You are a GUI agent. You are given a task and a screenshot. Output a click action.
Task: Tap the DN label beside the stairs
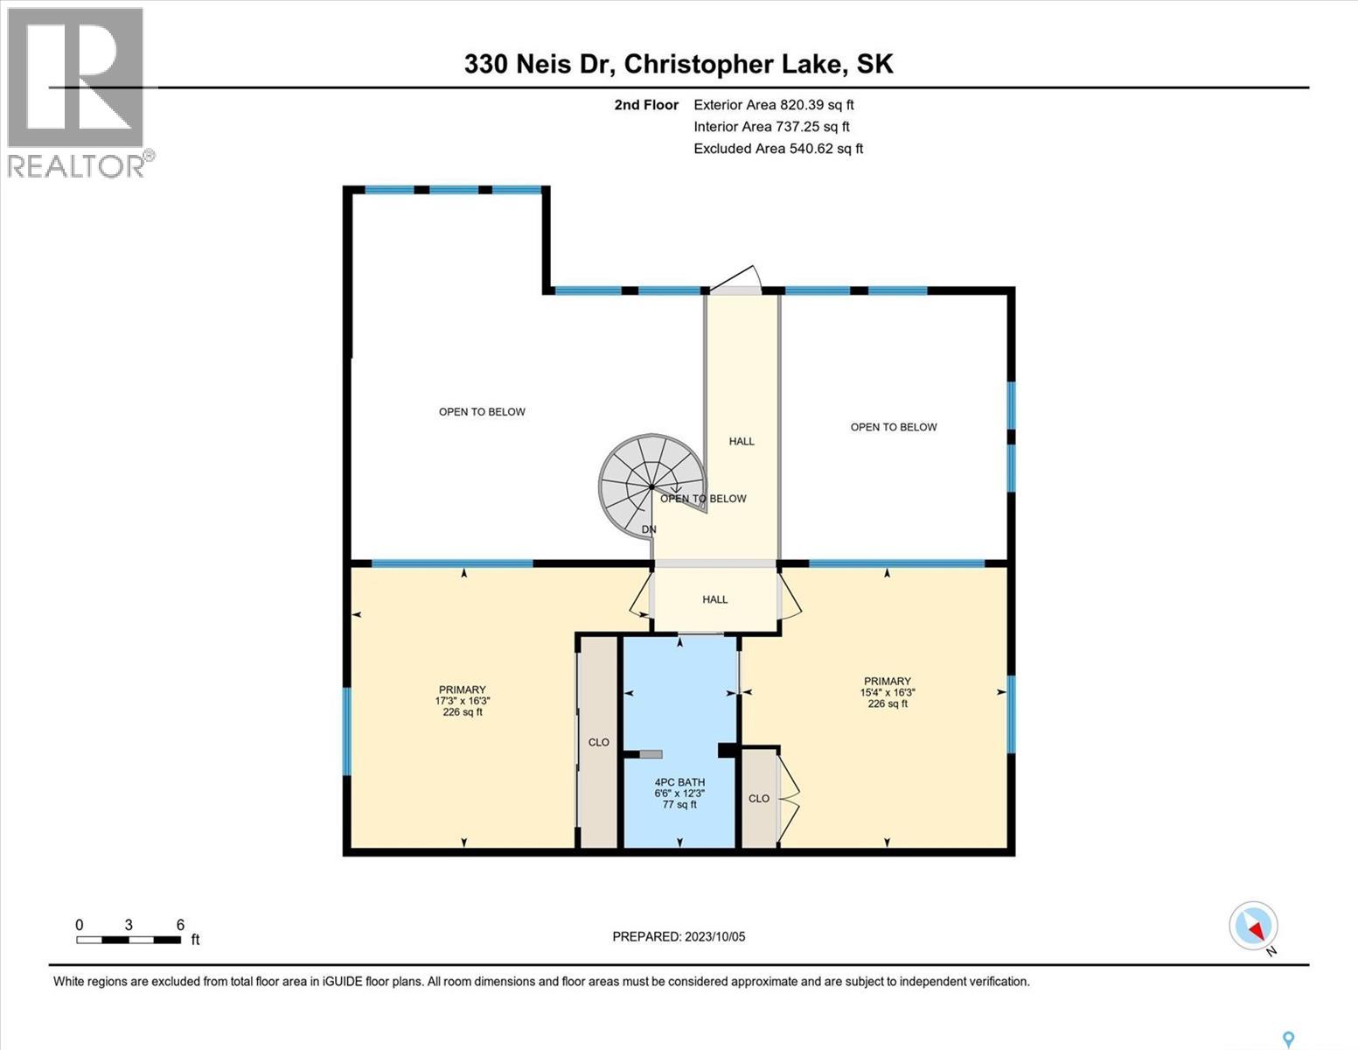tap(649, 529)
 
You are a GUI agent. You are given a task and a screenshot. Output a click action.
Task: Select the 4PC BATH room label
tap(679, 782)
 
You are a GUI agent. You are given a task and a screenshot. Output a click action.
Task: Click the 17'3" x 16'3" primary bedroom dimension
tap(462, 701)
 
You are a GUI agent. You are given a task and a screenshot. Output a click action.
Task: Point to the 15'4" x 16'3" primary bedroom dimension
tap(888, 692)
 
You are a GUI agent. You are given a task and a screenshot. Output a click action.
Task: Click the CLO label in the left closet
tap(598, 742)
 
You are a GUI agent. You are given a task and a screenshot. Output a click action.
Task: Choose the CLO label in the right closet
tap(759, 798)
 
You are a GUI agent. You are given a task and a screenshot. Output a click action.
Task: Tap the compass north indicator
tap(1254, 926)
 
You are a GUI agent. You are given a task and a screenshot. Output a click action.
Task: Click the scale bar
tap(129, 940)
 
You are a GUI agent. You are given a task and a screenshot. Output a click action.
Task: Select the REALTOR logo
tap(77, 92)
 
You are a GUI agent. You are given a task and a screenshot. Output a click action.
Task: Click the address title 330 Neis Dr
tap(679, 64)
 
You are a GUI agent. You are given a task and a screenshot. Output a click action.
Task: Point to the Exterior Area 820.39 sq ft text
tap(773, 104)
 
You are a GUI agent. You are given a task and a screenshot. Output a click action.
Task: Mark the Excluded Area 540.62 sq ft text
tap(778, 149)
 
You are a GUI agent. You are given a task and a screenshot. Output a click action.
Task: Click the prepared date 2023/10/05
tap(679, 936)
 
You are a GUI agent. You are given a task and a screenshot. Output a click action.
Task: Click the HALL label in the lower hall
tap(714, 599)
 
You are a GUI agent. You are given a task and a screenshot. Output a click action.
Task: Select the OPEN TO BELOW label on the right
tap(893, 427)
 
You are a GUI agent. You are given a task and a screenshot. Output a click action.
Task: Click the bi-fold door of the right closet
tap(789, 797)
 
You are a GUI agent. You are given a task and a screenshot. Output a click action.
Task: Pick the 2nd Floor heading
tap(646, 104)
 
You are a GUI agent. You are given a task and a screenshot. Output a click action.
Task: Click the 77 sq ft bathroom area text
tap(679, 805)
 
